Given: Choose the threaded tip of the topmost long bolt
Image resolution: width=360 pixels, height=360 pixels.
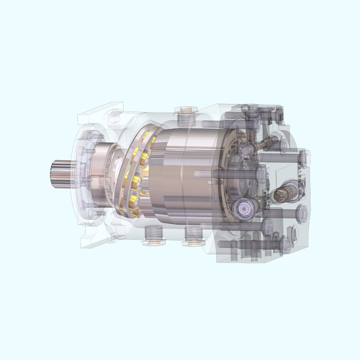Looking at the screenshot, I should (205, 122).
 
